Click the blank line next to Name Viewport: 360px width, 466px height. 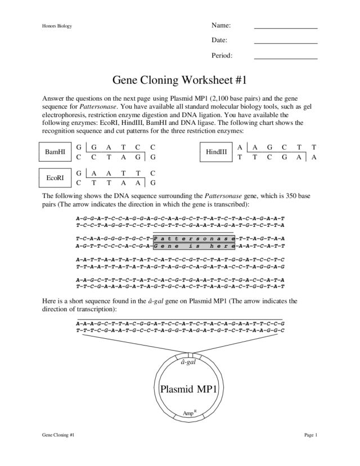pos(286,28)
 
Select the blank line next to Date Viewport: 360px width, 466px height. pos(286,43)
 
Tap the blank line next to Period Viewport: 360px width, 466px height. pos(286,58)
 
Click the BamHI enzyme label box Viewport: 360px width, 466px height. pos(55,151)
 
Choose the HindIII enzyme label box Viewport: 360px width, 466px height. pos(216,151)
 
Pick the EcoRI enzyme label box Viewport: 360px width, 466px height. pos(55,177)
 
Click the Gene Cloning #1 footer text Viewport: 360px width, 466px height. pos(58,435)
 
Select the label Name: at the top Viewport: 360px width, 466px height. pos(221,25)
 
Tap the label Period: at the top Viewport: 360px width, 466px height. pos(222,56)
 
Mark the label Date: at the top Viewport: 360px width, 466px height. pos(219,41)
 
